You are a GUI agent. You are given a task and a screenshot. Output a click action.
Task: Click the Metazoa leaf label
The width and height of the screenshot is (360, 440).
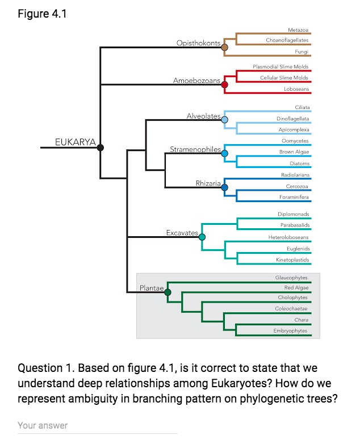click(298, 29)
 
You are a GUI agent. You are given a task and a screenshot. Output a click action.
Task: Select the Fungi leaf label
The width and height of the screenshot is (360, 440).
click(302, 52)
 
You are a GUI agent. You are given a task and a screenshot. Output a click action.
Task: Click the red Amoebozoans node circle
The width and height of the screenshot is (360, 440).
click(224, 85)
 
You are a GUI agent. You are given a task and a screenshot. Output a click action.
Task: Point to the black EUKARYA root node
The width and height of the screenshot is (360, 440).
click(101, 148)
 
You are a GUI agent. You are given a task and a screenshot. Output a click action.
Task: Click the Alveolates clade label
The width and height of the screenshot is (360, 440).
click(203, 116)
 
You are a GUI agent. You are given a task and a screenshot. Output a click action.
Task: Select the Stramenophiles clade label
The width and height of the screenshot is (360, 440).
click(195, 149)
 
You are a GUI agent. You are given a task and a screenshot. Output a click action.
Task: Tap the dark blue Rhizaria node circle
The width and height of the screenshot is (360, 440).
click(224, 187)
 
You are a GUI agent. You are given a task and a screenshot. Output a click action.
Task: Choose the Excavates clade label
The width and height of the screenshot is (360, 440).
click(182, 233)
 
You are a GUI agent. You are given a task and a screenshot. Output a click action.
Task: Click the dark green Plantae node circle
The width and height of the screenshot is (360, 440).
click(168, 292)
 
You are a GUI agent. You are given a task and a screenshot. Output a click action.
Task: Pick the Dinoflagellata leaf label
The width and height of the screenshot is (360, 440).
click(292, 119)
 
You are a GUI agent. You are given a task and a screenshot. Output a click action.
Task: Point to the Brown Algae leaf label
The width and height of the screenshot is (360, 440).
click(294, 152)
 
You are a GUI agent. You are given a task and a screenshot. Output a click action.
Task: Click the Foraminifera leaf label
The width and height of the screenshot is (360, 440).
click(294, 197)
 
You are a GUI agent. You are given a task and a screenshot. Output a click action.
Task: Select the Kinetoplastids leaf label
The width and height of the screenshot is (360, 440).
click(292, 259)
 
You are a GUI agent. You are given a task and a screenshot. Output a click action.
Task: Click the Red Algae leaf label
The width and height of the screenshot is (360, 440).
click(296, 288)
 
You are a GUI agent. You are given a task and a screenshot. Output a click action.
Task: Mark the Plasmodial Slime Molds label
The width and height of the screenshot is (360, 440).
click(281, 67)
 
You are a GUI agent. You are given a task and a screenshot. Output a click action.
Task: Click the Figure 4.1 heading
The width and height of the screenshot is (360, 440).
click(42, 14)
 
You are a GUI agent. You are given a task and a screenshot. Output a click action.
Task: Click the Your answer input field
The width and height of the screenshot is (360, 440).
click(97, 426)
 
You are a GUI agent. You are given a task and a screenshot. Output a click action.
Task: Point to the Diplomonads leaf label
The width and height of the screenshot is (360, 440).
click(293, 214)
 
